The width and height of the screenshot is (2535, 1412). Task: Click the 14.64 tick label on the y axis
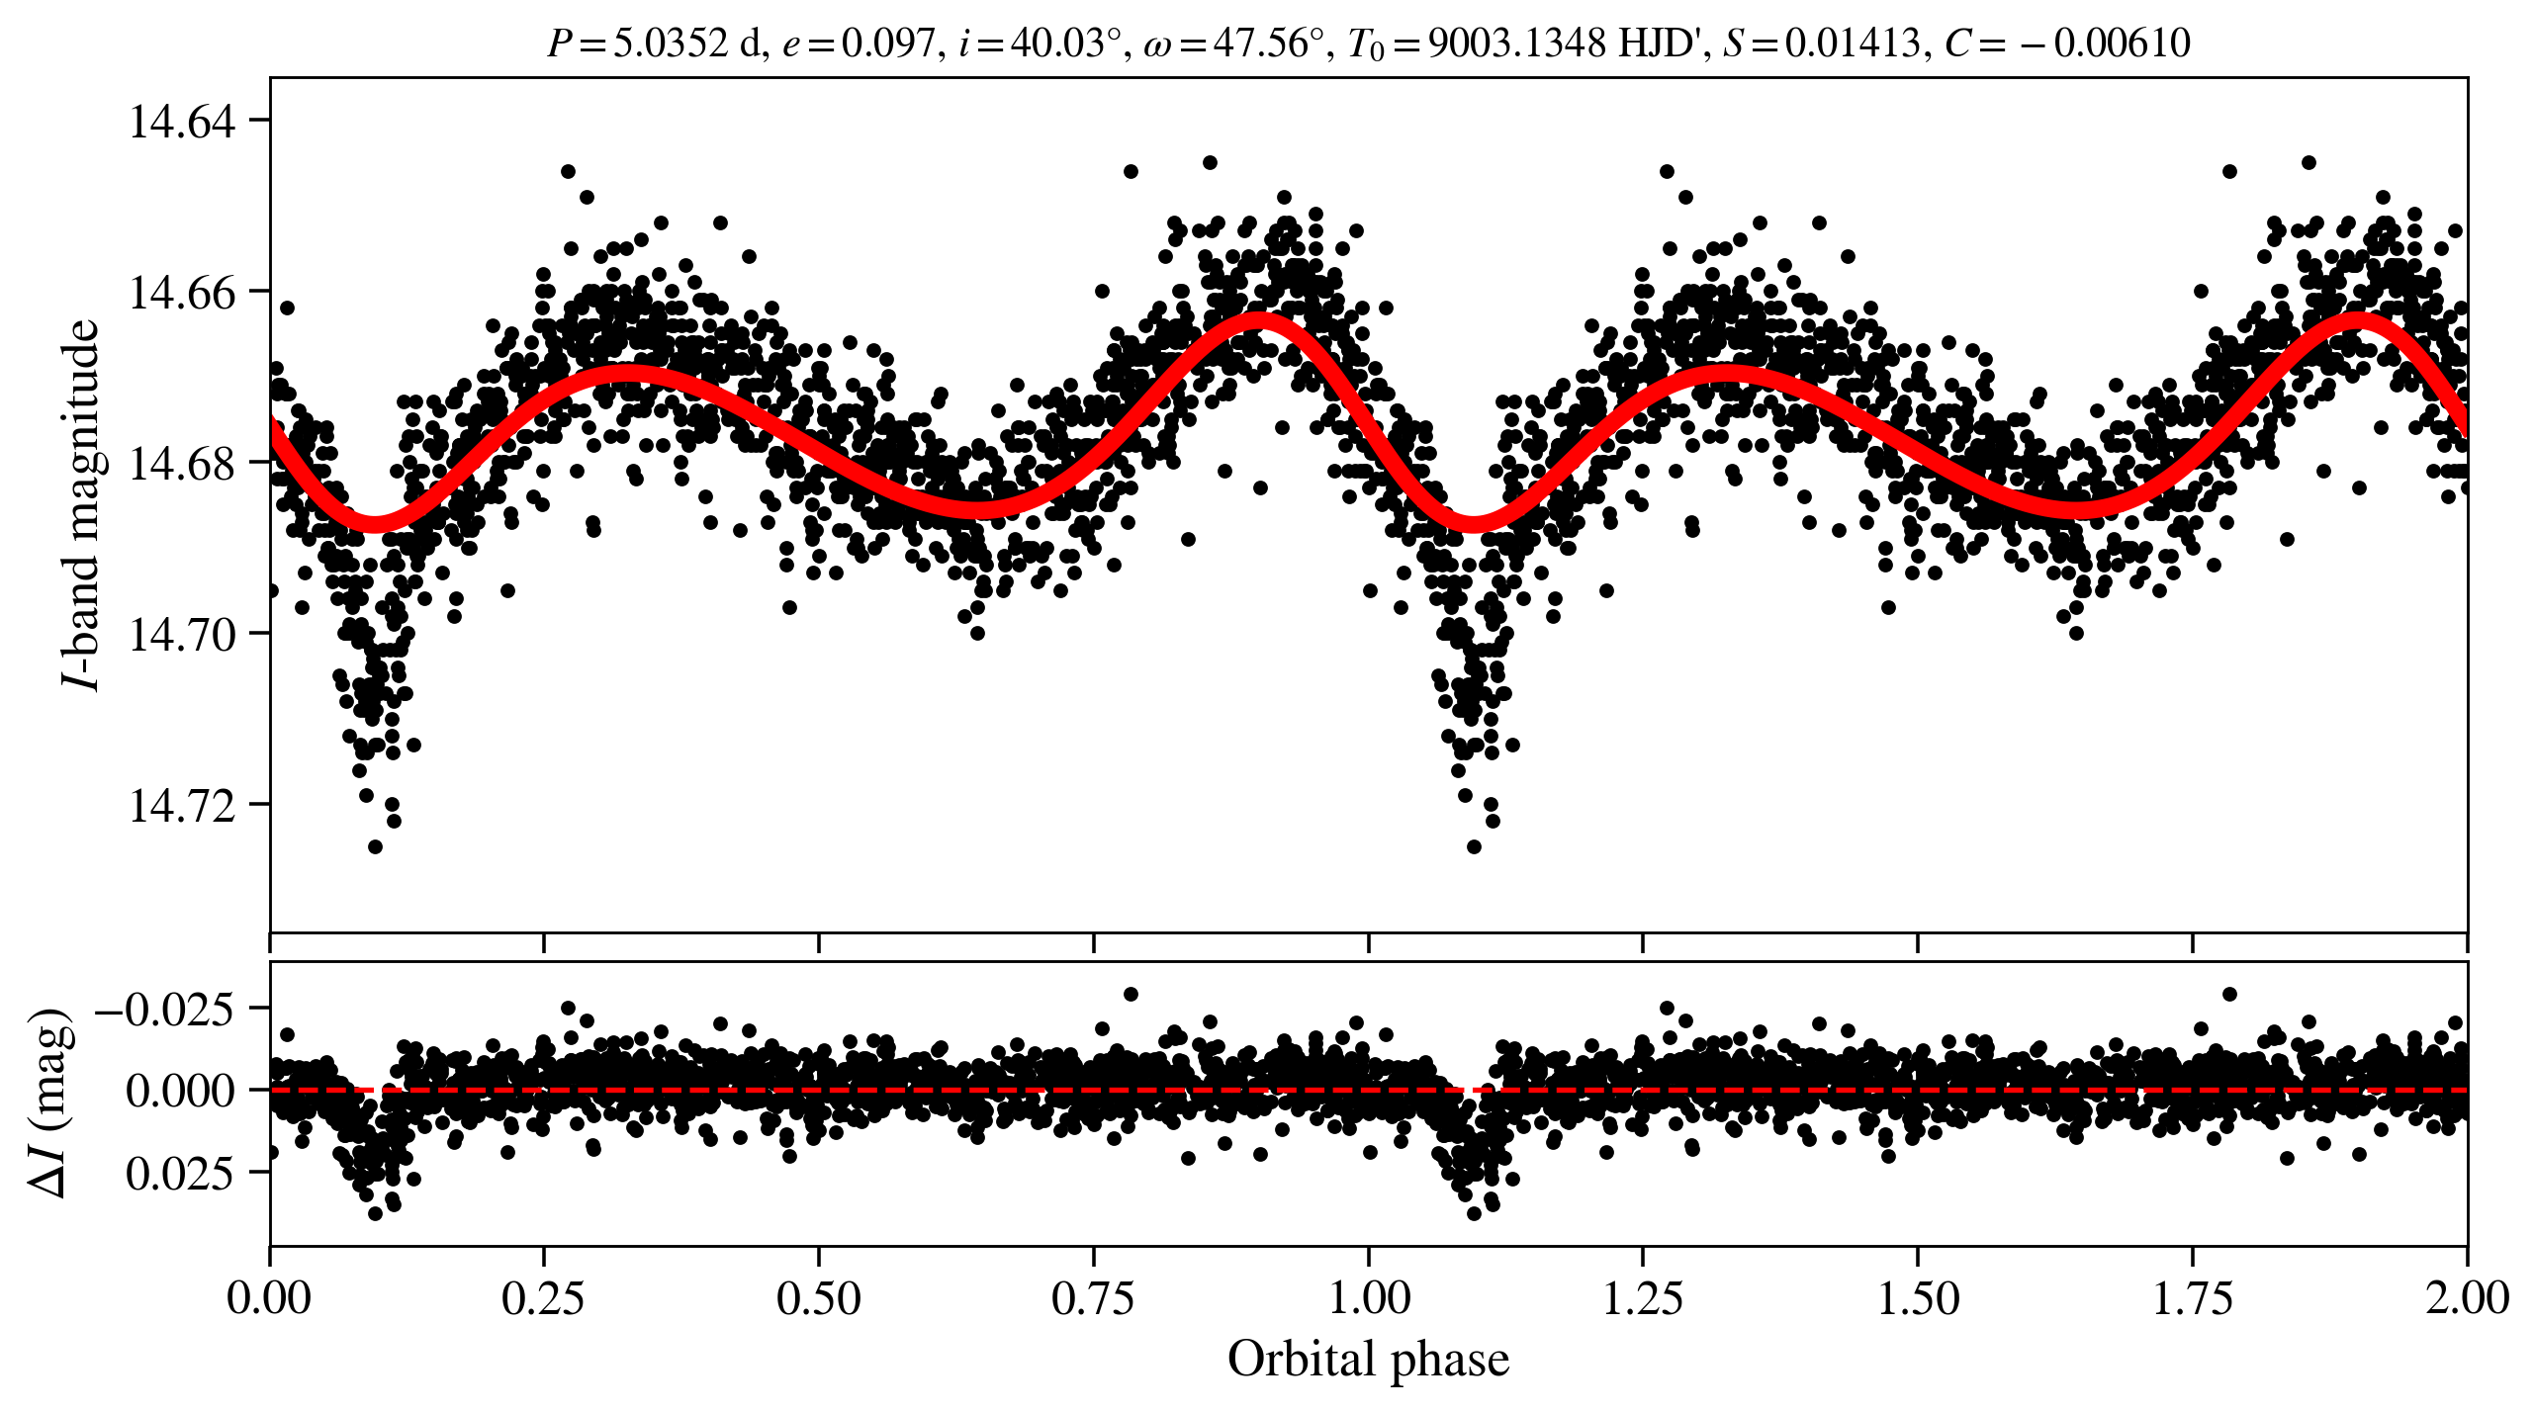tap(183, 122)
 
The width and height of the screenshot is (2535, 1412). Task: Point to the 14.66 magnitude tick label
tap(183, 293)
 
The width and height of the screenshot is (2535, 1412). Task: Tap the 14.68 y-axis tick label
tap(183, 464)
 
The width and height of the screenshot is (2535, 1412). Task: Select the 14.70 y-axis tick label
tap(183, 635)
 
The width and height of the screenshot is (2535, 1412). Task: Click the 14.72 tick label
tap(183, 806)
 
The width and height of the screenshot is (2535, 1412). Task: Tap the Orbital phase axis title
tap(1368, 1359)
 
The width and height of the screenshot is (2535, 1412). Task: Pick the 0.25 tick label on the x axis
tap(543, 1298)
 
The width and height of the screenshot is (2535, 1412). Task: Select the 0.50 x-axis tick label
tap(818, 1298)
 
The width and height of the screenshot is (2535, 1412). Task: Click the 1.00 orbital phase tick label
tap(1368, 1298)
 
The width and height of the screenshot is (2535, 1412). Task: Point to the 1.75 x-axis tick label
tap(2192, 1298)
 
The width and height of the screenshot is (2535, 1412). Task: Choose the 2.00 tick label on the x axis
tap(2466, 1298)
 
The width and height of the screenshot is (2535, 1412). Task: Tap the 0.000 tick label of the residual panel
tap(181, 1091)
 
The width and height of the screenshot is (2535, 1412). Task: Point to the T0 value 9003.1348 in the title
tap(1517, 44)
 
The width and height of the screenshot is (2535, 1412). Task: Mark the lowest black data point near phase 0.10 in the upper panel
tap(375, 846)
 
